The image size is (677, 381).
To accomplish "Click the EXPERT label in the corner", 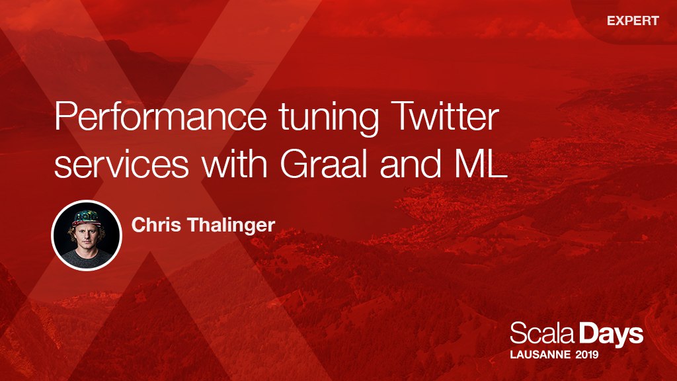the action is (x=633, y=21).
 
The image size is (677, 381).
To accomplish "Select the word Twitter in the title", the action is (x=446, y=116).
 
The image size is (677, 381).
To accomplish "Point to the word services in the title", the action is (x=122, y=165).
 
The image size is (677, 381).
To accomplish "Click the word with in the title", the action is (x=235, y=163).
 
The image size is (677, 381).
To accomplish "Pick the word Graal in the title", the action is (x=323, y=163).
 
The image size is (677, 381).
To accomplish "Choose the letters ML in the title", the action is (x=480, y=164).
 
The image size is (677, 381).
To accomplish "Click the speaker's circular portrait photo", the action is (x=87, y=235).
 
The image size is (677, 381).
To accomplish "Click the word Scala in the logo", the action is (x=542, y=333).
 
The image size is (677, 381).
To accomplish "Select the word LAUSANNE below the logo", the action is (x=540, y=355).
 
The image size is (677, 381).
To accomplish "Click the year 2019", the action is (x=587, y=355).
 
